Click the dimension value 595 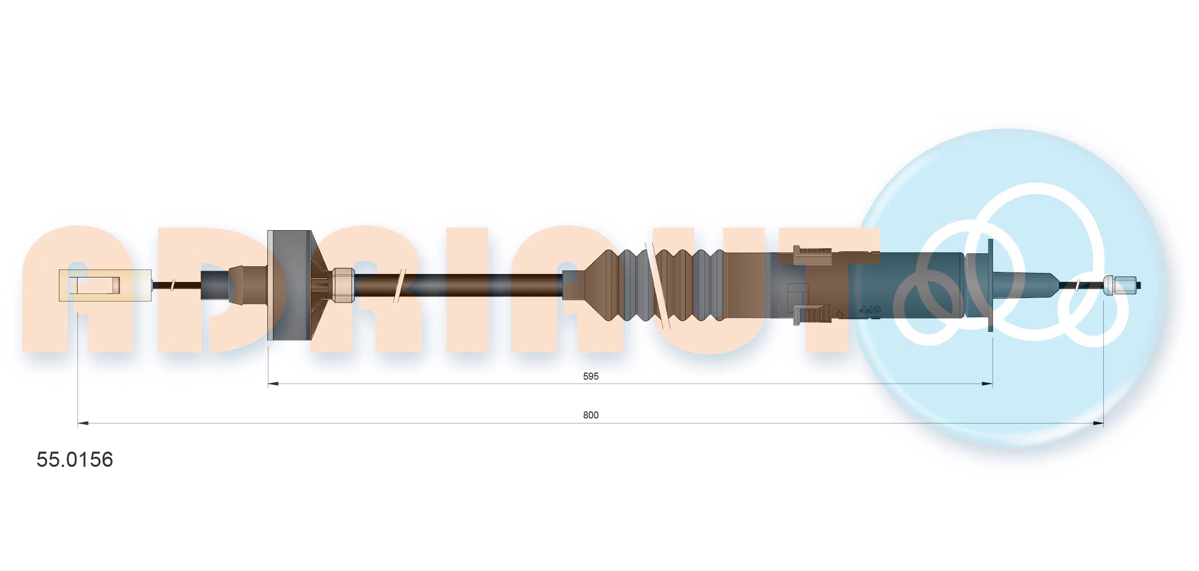(590, 376)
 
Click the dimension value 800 (591, 415)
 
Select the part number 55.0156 (75, 459)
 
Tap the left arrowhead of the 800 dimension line (83, 423)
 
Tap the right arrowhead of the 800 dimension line (1098, 423)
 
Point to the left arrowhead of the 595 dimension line (273, 384)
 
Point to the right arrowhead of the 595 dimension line (987, 384)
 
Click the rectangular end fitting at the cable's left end (105, 285)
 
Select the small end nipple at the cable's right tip (1121, 285)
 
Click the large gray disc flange (290, 285)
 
